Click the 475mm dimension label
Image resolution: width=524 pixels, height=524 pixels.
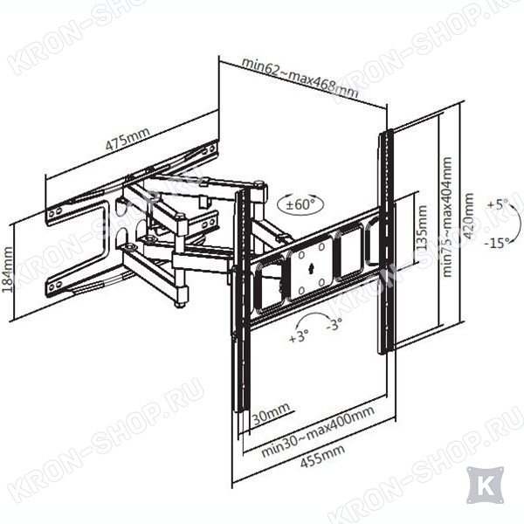click(x=128, y=139)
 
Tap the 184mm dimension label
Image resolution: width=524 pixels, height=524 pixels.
click(x=7, y=269)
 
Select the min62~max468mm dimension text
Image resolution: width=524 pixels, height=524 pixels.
click(x=300, y=77)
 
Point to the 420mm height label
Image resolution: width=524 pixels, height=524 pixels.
click(x=468, y=216)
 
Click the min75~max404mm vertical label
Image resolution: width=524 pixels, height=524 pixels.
click(x=446, y=217)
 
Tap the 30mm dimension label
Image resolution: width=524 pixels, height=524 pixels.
click(x=271, y=414)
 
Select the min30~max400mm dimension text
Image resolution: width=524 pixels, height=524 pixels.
click(x=318, y=431)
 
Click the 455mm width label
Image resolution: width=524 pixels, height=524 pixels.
click(x=322, y=457)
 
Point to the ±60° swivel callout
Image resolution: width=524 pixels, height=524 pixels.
click(x=300, y=203)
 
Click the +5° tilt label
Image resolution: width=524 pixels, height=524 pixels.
click(x=497, y=203)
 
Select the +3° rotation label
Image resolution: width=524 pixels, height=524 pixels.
click(x=299, y=336)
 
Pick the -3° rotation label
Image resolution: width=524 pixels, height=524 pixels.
click(x=334, y=323)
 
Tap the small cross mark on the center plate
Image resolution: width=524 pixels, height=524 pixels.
click(x=312, y=268)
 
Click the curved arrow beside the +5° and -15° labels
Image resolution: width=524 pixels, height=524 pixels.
click(x=517, y=221)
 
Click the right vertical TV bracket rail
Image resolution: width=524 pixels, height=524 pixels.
click(x=386, y=241)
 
